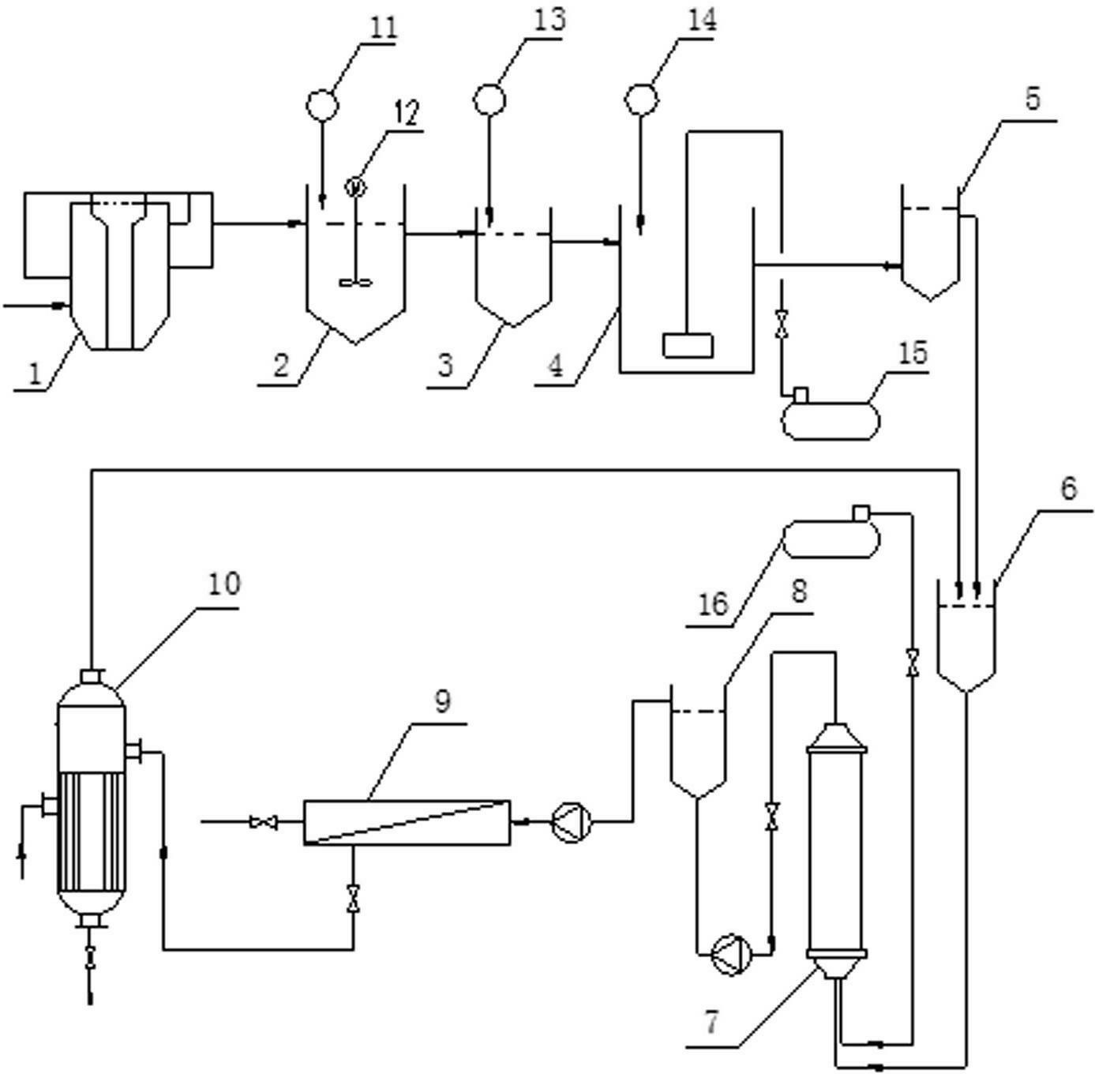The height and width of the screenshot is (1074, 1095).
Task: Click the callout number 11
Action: (x=383, y=28)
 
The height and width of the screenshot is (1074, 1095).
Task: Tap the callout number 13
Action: (x=549, y=19)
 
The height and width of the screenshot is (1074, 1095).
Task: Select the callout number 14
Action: (x=701, y=19)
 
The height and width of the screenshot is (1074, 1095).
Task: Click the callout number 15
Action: (x=913, y=352)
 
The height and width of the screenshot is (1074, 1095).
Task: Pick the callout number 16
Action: (x=714, y=604)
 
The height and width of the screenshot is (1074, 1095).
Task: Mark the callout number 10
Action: (x=224, y=584)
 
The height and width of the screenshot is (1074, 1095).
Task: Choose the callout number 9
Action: (x=443, y=701)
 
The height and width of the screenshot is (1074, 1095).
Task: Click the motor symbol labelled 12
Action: (x=356, y=187)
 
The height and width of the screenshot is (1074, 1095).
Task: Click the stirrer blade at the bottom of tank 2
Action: (x=355, y=281)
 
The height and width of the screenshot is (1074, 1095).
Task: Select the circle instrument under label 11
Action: (x=322, y=104)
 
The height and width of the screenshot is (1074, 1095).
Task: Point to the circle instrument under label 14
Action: (x=642, y=100)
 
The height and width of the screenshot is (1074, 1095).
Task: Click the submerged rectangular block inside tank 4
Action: (x=688, y=346)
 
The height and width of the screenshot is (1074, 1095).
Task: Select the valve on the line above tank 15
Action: (x=782, y=325)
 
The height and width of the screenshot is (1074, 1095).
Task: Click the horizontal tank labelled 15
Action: (x=831, y=419)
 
